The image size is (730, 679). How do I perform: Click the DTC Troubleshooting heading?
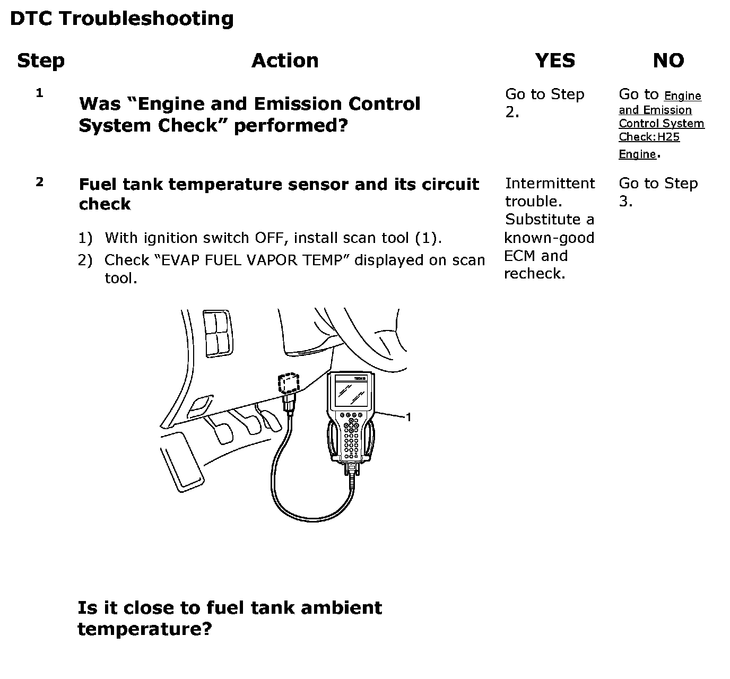(x=121, y=19)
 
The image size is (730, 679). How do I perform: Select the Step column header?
(x=41, y=60)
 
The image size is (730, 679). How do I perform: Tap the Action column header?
(x=285, y=60)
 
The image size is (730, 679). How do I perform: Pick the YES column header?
(x=555, y=60)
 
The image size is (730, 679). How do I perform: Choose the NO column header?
(x=668, y=60)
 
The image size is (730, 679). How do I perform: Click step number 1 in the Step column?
(x=39, y=93)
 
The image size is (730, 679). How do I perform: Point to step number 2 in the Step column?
(x=40, y=182)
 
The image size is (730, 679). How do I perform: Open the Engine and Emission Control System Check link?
(x=661, y=124)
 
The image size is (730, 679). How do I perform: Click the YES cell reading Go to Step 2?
(x=544, y=103)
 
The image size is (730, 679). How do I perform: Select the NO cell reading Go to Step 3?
(x=658, y=192)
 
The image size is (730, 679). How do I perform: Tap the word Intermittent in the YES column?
(x=550, y=184)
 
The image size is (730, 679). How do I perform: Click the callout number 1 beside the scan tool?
(x=409, y=417)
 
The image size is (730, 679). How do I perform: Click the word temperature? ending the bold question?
(x=144, y=629)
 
